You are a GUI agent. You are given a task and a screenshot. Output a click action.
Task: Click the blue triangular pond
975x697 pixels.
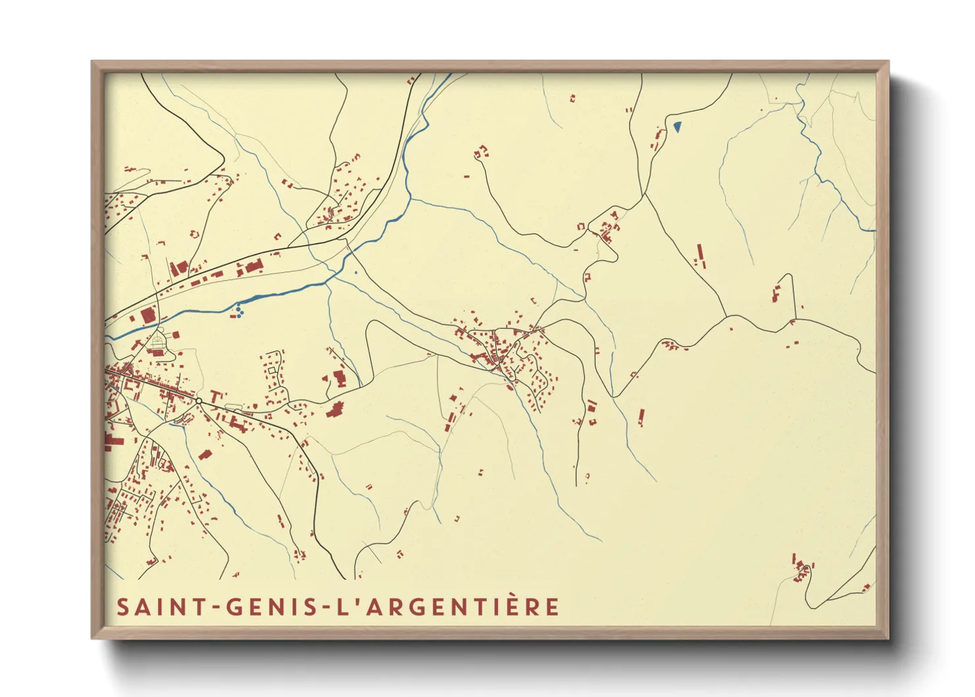(677, 125)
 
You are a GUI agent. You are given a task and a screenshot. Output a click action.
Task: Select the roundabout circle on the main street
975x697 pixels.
(198, 401)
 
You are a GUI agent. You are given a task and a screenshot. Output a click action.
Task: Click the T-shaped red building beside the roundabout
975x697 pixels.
(215, 395)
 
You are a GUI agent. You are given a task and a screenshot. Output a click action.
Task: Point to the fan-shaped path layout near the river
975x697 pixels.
(158, 341)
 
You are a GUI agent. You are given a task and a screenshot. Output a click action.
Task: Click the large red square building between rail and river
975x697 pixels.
(148, 316)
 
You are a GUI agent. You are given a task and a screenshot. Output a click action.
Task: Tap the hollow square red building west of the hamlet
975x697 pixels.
(581, 227)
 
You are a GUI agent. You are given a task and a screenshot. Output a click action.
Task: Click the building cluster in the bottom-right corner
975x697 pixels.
(802, 569)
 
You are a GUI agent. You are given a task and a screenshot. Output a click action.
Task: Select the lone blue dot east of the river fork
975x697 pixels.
(356, 272)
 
